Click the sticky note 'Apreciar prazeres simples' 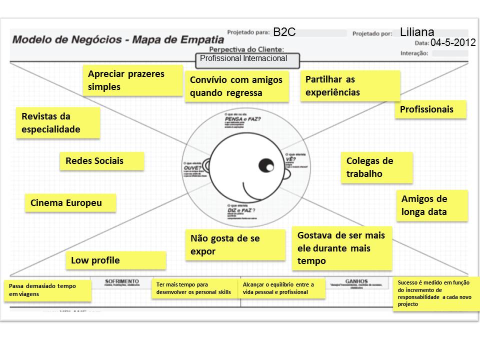pos(132,80)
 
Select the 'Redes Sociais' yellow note pos(101,161)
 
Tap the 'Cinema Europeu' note pos(70,203)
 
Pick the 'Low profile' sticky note pos(115,260)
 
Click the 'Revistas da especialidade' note pos(58,123)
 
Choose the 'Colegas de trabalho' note pos(377,167)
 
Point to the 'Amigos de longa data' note pos(432,205)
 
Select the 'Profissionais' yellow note pos(430,109)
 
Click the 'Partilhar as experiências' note pos(350,86)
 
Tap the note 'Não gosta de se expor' pos(235,245)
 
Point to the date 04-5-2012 pos(452,43)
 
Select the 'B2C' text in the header pos(284,32)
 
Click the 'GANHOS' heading pos(356,281)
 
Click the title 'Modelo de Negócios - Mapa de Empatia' pos(118,39)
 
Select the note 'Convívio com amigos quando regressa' pos(236,86)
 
